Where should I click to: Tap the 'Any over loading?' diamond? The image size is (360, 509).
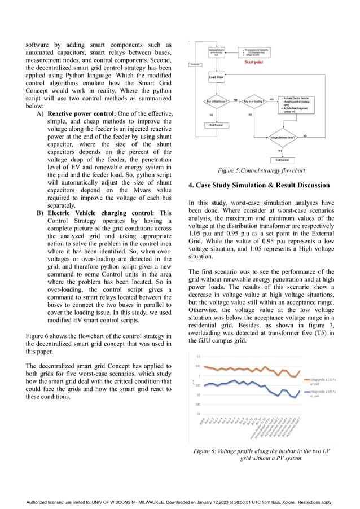point(254,102)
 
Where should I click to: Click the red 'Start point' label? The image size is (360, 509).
point(257,62)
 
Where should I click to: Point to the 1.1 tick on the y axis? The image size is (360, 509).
point(197,357)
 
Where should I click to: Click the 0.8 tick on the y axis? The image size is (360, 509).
point(197,415)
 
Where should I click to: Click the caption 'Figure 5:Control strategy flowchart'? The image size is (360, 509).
point(261,170)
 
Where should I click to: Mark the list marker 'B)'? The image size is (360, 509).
point(41,213)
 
